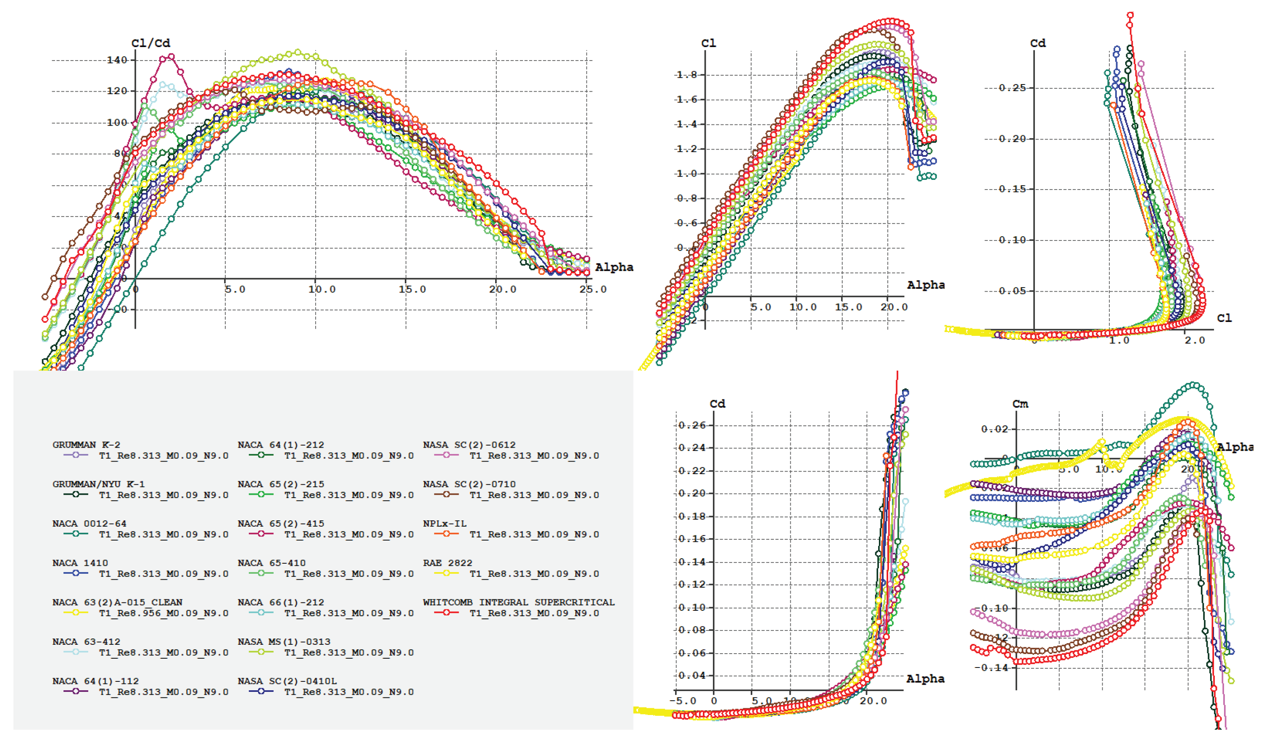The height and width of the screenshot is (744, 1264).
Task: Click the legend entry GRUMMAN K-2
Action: click(86, 444)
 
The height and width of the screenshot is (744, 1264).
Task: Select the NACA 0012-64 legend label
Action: click(89, 523)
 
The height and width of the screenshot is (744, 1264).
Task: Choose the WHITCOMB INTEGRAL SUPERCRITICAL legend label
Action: click(518, 602)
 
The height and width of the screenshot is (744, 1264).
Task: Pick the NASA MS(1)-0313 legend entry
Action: click(284, 642)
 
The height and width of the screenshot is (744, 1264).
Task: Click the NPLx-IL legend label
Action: click(444, 523)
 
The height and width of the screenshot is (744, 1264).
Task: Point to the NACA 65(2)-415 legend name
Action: click(281, 523)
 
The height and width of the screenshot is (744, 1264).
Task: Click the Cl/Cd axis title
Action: click(150, 43)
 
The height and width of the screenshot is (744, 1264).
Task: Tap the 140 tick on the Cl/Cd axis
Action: click(117, 60)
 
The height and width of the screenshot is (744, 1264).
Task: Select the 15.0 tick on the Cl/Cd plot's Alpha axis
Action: click(412, 290)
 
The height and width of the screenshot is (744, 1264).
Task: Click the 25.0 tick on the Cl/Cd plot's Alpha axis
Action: click(592, 290)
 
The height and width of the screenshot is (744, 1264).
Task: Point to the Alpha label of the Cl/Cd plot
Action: click(614, 267)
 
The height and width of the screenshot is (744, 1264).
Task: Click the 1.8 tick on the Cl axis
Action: click(687, 75)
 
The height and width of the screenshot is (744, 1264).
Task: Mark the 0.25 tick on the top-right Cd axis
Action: click(1012, 88)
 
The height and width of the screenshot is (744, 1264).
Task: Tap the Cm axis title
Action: click(1020, 404)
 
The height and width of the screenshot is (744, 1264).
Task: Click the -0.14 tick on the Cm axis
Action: click(991, 668)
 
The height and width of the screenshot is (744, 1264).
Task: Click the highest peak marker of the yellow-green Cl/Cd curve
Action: click(298, 52)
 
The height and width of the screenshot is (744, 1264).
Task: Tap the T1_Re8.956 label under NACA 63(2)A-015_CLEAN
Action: click(164, 613)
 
